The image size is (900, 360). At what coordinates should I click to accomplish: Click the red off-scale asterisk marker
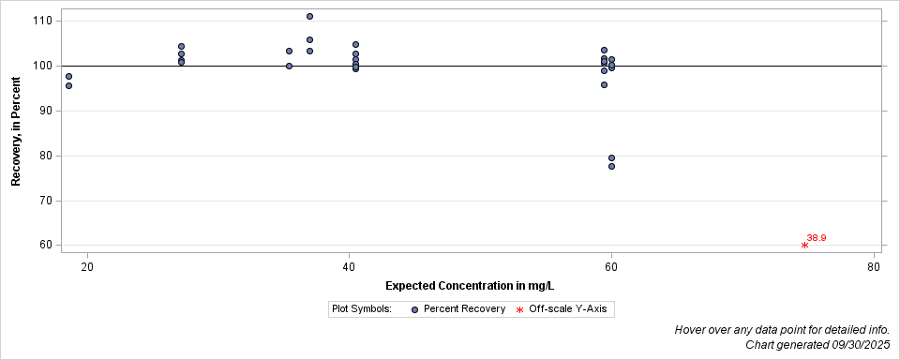click(804, 245)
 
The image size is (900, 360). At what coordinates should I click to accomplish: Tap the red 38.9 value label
click(817, 237)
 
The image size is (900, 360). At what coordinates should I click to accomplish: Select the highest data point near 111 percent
click(309, 16)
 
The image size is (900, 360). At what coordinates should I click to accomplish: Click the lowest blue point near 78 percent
click(611, 166)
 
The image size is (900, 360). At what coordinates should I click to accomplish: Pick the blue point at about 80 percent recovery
click(611, 157)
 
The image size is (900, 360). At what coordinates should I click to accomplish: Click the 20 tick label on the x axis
click(87, 266)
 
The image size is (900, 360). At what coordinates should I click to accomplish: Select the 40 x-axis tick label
click(349, 266)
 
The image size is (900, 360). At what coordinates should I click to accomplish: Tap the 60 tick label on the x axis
click(611, 266)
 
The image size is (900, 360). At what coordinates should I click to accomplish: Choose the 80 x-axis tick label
click(874, 266)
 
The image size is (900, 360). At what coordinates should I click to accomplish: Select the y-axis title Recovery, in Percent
click(16, 131)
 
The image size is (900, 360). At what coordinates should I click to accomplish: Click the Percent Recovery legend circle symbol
click(414, 308)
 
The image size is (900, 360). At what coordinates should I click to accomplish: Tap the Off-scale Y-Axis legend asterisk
click(519, 309)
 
